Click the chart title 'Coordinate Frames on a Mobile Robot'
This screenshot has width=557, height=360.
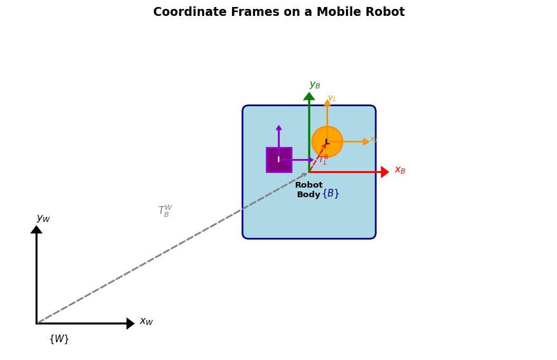tap(278, 12)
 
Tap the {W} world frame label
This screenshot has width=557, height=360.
tap(59, 339)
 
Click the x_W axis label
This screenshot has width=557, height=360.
tap(146, 322)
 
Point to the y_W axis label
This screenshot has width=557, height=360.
tap(43, 219)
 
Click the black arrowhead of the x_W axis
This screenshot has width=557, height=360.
tap(130, 323)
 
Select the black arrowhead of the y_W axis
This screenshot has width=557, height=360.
tap(36, 230)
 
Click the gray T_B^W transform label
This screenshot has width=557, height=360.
tap(165, 211)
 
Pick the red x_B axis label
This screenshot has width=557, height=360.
tap(400, 170)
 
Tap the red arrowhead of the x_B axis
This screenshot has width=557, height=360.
tap(385, 172)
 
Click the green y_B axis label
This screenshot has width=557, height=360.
tap(315, 85)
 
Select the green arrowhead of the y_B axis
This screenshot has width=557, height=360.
tap(309, 97)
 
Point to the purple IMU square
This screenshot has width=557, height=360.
tap(278, 160)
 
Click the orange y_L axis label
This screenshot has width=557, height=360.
tap(332, 99)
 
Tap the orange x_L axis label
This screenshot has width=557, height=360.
tap(374, 139)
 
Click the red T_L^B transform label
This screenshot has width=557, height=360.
tap(323, 160)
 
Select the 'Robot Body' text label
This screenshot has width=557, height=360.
tap(309, 190)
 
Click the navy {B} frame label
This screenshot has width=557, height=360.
tap(331, 193)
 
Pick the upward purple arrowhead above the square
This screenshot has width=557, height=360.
tap(278, 128)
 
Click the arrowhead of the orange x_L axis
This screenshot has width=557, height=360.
tap(366, 142)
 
